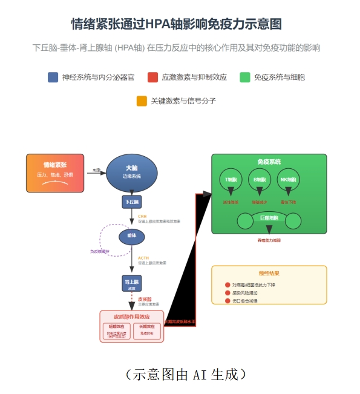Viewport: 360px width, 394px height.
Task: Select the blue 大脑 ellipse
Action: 132,171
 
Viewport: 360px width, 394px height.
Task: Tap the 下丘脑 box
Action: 132,202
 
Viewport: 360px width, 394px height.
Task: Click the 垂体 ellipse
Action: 132,235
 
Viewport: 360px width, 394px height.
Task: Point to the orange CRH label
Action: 142,216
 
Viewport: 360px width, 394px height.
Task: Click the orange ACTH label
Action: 143,258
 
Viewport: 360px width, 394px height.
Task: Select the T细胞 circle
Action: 231,180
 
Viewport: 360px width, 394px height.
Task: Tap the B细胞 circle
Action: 260,180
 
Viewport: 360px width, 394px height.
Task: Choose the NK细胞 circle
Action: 288,180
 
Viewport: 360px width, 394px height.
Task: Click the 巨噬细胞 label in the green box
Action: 269,217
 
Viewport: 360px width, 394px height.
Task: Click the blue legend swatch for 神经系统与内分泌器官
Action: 53,77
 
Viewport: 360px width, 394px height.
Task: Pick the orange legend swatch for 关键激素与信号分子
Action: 142,101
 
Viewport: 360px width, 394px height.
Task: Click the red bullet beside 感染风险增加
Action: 227,293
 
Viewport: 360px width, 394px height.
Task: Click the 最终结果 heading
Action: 269,274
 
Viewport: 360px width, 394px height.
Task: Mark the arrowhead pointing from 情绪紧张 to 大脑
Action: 104,171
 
